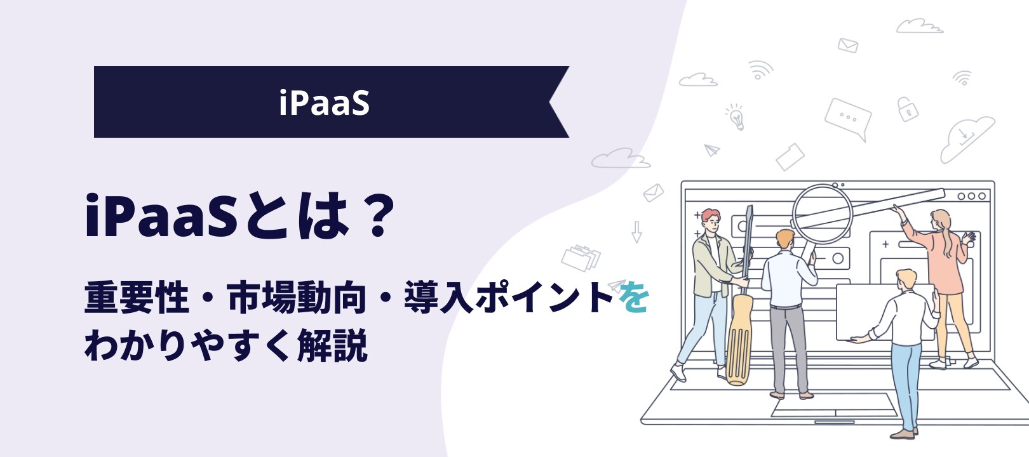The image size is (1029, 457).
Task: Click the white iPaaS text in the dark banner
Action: coord(325,103)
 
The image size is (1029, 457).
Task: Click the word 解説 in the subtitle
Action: coord(332,345)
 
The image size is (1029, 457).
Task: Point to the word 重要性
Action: coord(137,298)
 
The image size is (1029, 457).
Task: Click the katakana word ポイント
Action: coord(544,298)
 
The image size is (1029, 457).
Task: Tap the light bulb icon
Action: coord(735,117)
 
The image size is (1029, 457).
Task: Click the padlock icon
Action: coord(907,109)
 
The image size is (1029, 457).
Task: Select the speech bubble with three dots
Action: coord(847,119)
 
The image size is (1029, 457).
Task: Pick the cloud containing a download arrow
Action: coord(966,138)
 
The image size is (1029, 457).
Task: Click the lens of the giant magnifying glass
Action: coord(823,214)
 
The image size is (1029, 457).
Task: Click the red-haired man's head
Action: coord(711,221)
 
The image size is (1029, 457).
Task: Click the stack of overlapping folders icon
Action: coord(581,258)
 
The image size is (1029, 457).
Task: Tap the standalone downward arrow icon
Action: coord(636,232)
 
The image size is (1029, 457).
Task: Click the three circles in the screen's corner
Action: coord(971,196)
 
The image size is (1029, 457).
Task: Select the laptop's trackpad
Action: coord(835,405)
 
